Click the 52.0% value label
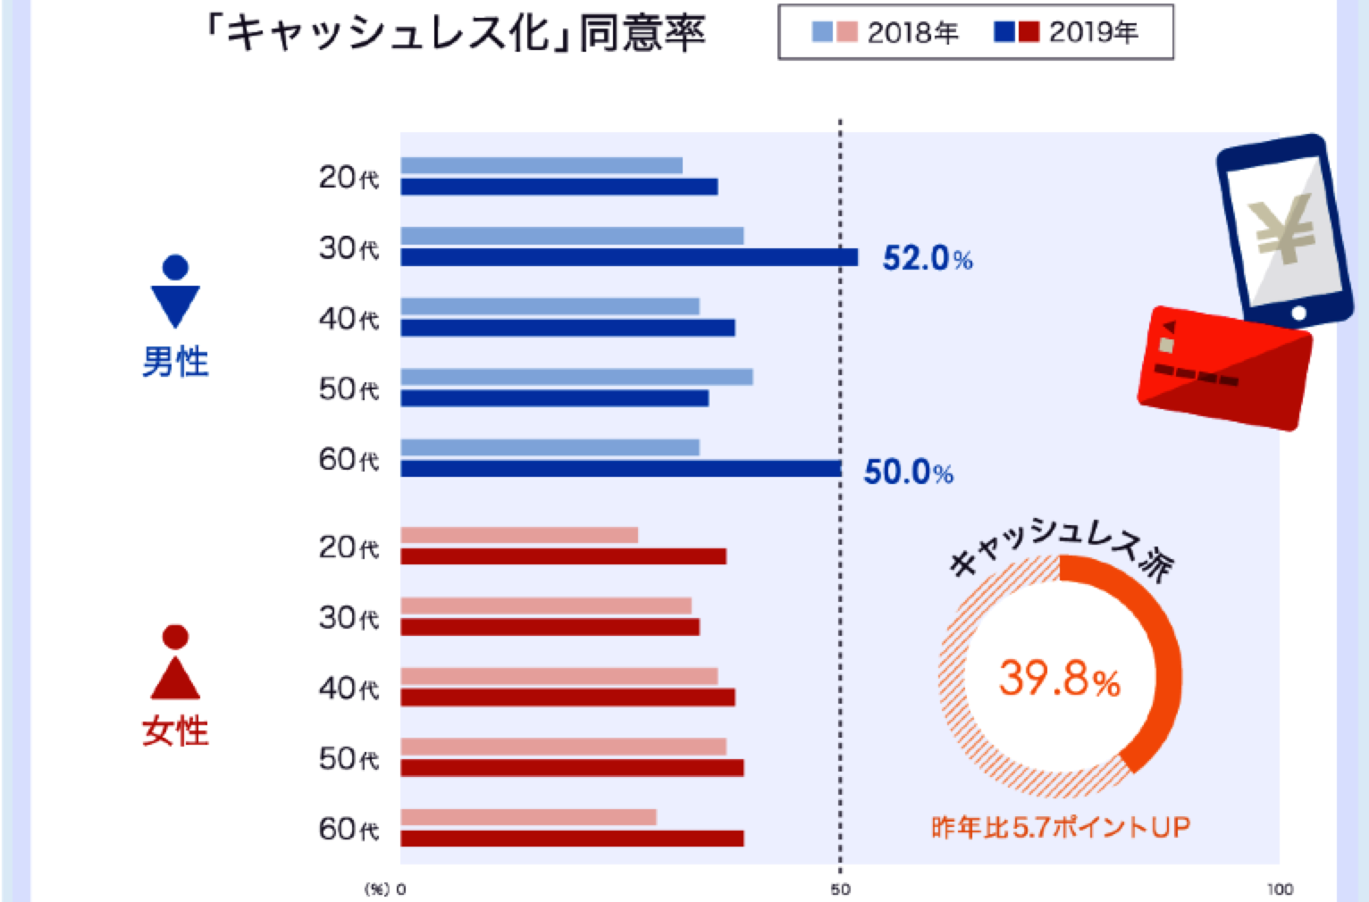click(x=927, y=258)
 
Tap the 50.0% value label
click(x=907, y=472)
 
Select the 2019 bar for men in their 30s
click(x=628, y=257)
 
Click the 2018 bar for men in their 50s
click(x=576, y=377)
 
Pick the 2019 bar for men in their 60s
click(x=620, y=469)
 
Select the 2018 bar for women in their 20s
click(x=519, y=535)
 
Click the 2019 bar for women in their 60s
click(x=572, y=838)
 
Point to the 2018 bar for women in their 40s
click(x=559, y=676)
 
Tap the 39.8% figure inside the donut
click(x=1059, y=679)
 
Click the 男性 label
click(x=175, y=362)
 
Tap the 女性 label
click(x=175, y=731)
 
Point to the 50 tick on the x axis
click(x=840, y=889)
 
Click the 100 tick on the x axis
click(x=1279, y=889)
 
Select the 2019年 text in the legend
click(x=1093, y=33)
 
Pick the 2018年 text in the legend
click(x=912, y=33)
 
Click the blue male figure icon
click(x=176, y=292)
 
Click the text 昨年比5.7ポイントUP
click(x=1060, y=828)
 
